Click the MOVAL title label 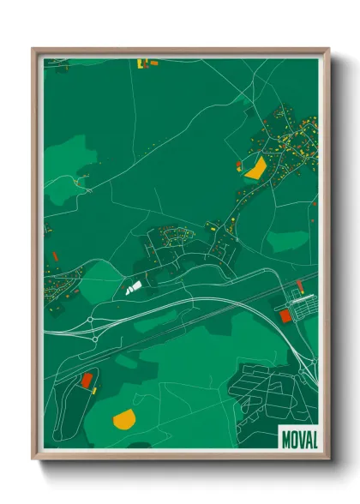298,439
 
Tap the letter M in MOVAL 286,439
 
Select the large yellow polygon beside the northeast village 255,167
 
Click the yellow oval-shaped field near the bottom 124,418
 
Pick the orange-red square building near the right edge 285,315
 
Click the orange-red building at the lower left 87,380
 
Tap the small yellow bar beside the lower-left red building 94,388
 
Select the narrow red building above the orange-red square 299,285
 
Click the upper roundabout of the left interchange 92,321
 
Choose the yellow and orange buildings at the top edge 144,63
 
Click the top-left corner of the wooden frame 34,50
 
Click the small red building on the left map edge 54,255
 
